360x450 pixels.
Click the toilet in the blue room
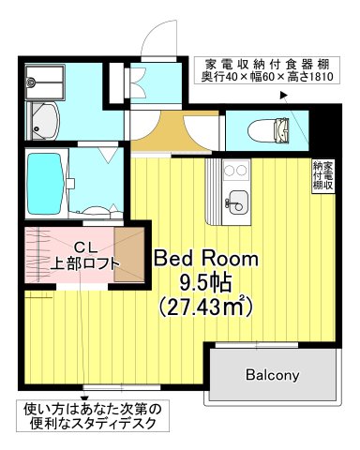268,130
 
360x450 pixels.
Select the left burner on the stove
230,171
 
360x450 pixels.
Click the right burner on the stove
242,171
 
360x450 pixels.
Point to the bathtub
45,184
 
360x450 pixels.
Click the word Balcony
272,375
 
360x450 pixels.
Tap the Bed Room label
206,259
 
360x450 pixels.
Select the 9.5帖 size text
204,283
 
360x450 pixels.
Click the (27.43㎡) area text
205,307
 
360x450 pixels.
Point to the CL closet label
85,248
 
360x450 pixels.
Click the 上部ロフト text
85,264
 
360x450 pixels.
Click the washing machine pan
45,82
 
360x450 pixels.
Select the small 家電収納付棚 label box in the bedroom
322,175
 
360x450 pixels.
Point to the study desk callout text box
93,416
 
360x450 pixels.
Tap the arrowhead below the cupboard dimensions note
284,96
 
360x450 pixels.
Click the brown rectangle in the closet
129,255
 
